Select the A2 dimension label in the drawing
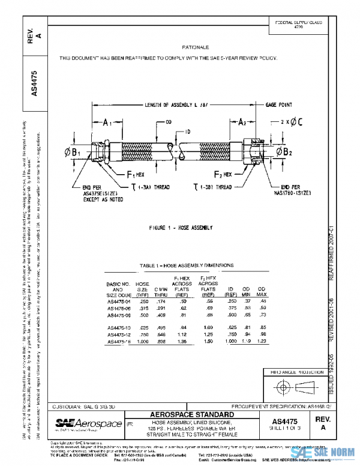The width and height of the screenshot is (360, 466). (241, 123)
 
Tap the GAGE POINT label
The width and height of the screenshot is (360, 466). (280, 104)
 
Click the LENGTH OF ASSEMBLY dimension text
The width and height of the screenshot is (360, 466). (176, 104)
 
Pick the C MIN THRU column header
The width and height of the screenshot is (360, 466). (160, 291)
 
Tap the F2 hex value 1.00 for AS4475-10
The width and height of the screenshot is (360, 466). (207, 328)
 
